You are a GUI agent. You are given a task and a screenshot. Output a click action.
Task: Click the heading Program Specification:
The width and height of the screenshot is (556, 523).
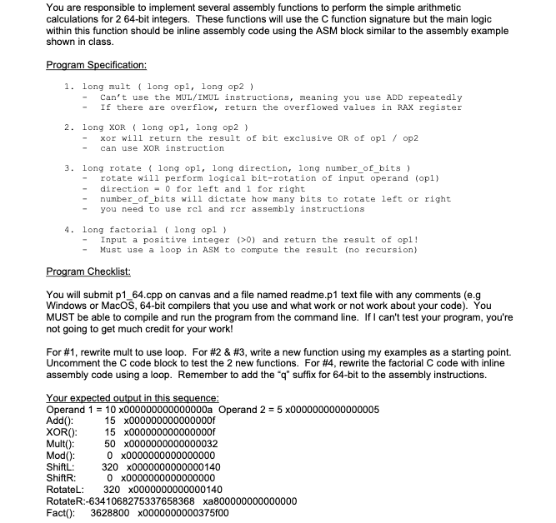[x=97, y=65]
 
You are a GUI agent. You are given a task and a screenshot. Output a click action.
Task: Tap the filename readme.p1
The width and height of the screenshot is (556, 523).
[x=295, y=296]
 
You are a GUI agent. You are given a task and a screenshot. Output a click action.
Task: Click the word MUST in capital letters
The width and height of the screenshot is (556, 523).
[x=63, y=319]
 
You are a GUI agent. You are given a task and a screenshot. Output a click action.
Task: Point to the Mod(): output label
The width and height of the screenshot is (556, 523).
[x=63, y=456]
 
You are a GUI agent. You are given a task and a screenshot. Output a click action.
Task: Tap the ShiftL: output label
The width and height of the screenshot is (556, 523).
[x=63, y=467]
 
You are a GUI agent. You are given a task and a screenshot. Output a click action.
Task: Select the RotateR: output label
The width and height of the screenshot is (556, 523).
[x=68, y=501]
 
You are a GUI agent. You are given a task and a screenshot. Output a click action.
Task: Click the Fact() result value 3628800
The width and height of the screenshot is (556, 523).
[x=112, y=513]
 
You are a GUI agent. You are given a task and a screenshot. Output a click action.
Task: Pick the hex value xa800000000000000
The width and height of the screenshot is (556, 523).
[x=261, y=501]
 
